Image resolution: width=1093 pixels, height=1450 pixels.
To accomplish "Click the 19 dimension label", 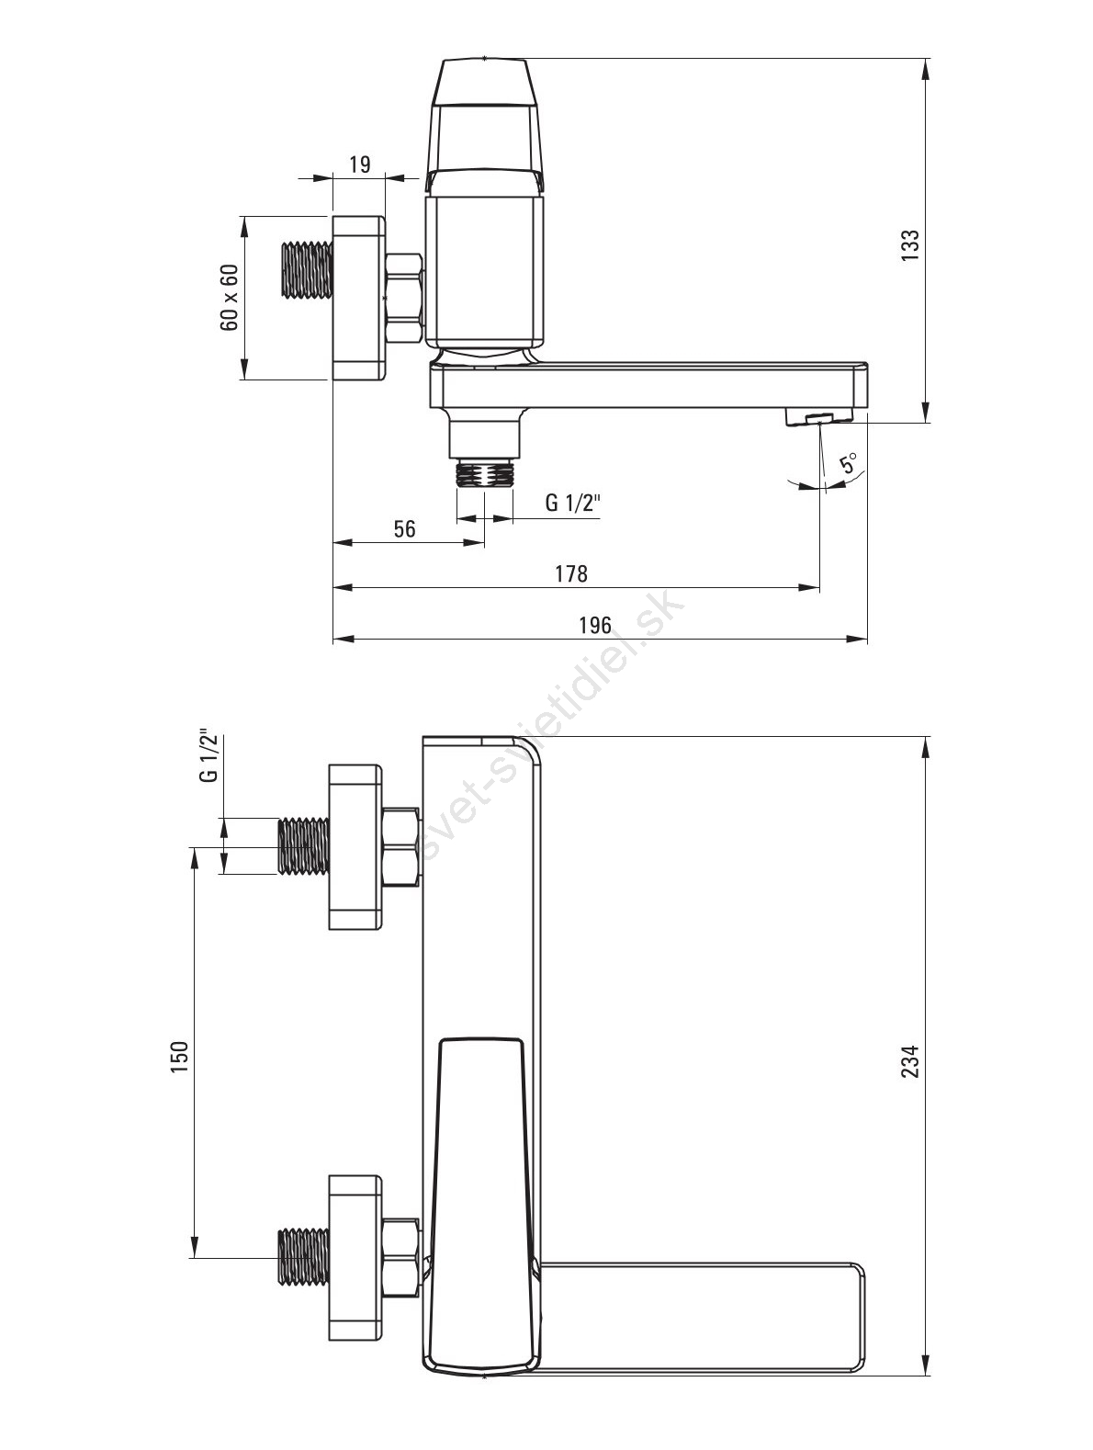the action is tap(359, 164).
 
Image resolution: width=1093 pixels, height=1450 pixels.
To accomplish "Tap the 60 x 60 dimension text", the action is tap(229, 298).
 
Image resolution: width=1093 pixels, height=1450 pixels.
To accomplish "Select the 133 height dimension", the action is tap(909, 244).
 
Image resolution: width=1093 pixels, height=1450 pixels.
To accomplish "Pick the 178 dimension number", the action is tap(571, 572).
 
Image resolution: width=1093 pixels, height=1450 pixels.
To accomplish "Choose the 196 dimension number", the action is tap(594, 624).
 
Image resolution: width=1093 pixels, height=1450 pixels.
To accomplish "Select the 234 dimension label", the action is tap(909, 1061).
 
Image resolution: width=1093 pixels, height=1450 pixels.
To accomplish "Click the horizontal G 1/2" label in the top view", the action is tap(572, 503).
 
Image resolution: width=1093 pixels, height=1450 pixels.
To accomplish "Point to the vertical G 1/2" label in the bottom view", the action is tap(208, 755).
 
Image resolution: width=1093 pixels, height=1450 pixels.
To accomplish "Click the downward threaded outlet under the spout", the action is tap(484, 473).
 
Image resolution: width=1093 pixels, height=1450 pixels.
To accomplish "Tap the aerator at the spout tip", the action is tap(818, 417).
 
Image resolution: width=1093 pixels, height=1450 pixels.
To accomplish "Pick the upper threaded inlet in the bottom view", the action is tap(304, 846).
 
